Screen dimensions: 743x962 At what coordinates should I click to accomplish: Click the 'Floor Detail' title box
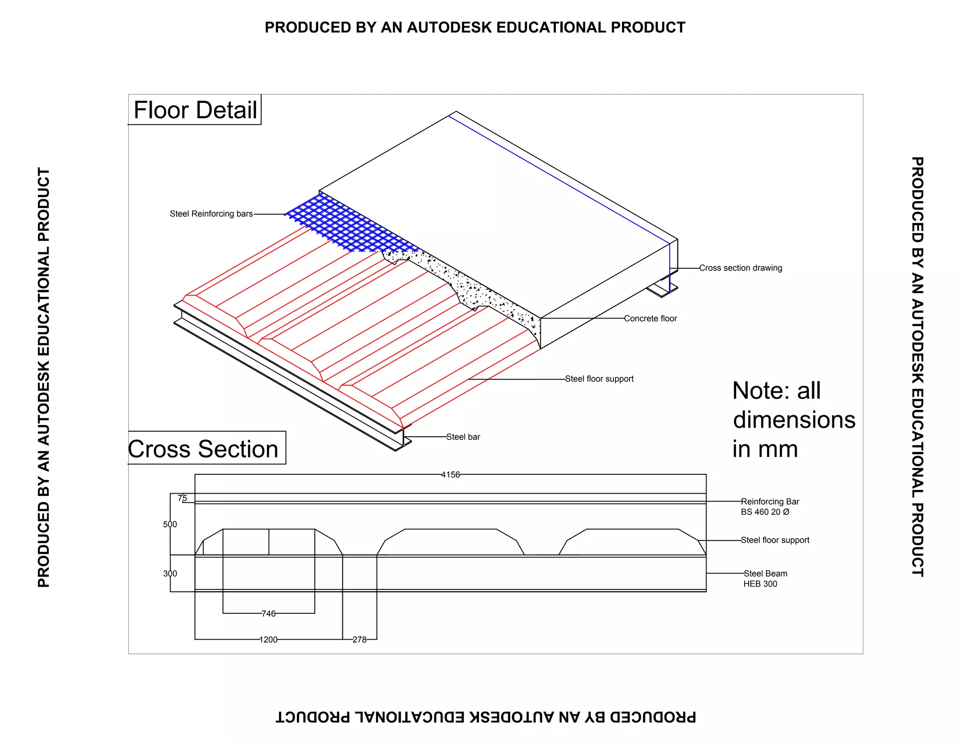coord(195,110)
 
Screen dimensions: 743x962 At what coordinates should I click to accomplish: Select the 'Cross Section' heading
coord(204,449)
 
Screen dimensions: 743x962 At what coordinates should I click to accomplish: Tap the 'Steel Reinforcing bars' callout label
coord(211,214)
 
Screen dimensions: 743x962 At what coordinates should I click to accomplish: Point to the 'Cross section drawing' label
coord(740,268)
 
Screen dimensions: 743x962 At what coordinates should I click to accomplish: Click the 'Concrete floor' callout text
coord(650,318)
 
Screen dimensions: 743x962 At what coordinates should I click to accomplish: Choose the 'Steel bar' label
coord(463,437)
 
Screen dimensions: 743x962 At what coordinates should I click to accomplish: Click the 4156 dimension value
coord(450,475)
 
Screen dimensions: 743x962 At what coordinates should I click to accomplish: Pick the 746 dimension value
coord(268,613)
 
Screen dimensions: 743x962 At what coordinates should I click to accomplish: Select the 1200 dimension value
coord(268,639)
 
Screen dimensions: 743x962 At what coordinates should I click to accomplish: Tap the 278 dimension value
coord(359,639)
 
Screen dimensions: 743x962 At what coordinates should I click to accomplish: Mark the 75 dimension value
coord(182,498)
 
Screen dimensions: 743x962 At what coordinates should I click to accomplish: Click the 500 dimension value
coord(170,524)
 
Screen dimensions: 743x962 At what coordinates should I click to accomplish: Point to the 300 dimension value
coord(170,573)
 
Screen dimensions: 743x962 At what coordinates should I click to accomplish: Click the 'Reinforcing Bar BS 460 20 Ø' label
coord(769,507)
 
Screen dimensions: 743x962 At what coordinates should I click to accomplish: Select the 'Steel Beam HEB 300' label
coord(765,579)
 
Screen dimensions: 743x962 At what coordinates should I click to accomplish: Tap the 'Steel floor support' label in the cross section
coord(775,540)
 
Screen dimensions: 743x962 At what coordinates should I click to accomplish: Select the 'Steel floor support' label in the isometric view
coord(599,379)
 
